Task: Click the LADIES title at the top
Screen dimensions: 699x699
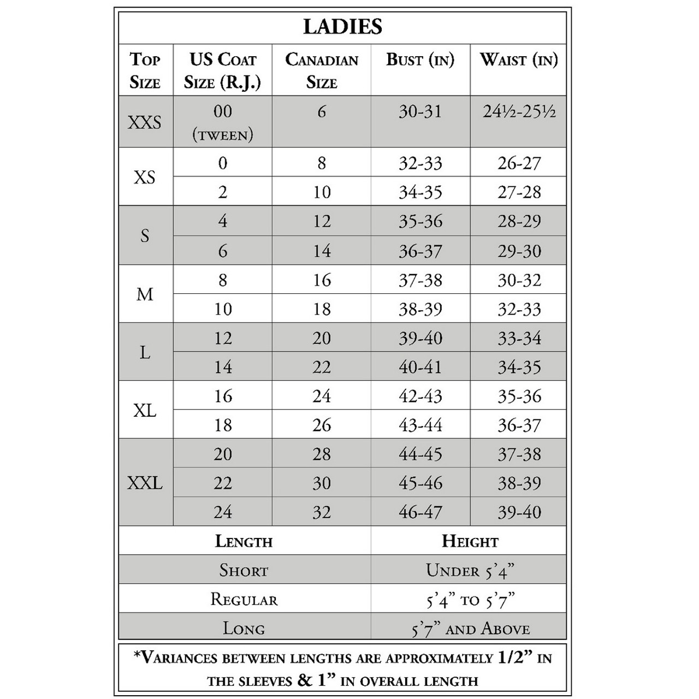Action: pyautogui.click(x=342, y=26)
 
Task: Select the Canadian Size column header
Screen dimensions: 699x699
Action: pyautogui.click(x=322, y=71)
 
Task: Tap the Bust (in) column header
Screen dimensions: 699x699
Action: pyautogui.click(x=420, y=60)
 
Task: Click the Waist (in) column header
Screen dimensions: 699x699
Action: pyautogui.click(x=518, y=60)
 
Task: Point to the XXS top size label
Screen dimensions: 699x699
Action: pyautogui.click(x=145, y=122)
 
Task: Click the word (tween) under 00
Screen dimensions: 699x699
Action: pyautogui.click(x=223, y=135)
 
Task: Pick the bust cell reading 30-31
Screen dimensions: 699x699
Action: pyautogui.click(x=420, y=112)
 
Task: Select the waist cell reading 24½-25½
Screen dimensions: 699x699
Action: pyautogui.click(x=519, y=112)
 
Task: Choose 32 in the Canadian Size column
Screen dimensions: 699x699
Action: pyautogui.click(x=322, y=512)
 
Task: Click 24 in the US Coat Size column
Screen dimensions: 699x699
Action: pyautogui.click(x=223, y=512)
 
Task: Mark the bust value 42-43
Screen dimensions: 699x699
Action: pyautogui.click(x=420, y=396)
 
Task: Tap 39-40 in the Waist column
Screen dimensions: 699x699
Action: pyautogui.click(x=519, y=512)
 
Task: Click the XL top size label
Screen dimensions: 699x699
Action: pyautogui.click(x=145, y=410)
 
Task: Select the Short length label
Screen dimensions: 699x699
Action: pyautogui.click(x=244, y=571)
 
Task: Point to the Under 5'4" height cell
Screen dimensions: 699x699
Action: pyautogui.click(x=470, y=571)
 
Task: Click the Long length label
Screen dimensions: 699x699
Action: pyautogui.click(x=244, y=629)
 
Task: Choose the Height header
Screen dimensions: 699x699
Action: pyautogui.click(x=470, y=541)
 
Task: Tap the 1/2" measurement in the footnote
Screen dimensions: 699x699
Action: pyautogui.click(x=515, y=657)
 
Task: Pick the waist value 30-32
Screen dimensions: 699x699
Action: pyautogui.click(x=519, y=280)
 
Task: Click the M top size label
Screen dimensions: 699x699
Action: pyautogui.click(x=145, y=294)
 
